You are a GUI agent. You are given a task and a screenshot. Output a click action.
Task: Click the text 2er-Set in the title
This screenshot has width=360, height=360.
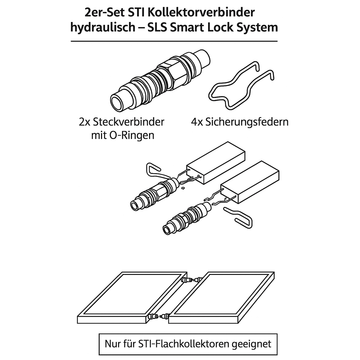(105, 12)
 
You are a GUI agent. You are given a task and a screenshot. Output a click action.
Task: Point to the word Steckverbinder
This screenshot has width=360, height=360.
(129, 122)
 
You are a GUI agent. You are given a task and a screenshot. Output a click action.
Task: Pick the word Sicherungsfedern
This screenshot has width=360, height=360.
(247, 122)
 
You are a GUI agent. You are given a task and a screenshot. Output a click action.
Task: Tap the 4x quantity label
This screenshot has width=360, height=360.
(197, 122)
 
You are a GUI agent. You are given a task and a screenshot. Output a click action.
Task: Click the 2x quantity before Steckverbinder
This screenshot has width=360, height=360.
(85, 122)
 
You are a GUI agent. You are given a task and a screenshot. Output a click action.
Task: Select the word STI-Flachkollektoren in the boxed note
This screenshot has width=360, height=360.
(184, 344)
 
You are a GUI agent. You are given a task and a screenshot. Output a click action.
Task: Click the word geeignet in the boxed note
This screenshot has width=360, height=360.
(251, 344)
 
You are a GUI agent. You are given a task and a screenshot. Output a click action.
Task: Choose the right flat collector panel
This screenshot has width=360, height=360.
(221, 298)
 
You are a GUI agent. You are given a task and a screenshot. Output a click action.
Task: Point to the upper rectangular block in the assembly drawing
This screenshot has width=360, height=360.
(216, 163)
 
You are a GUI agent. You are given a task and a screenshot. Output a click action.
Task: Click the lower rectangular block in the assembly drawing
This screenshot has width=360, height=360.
(250, 182)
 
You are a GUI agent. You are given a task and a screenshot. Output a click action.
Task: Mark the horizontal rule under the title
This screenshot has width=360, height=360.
(174, 41)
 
